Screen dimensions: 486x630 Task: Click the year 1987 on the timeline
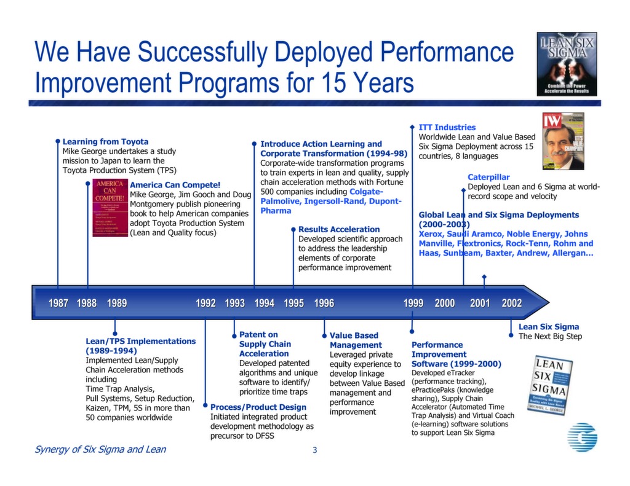point(58,303)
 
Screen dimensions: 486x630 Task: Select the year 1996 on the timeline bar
point(324,303)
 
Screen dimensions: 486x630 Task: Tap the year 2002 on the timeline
point(511,303)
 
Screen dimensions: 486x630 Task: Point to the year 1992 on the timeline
point(205,303)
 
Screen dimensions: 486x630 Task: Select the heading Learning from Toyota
point(105,142)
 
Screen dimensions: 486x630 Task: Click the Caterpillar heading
point(488,178)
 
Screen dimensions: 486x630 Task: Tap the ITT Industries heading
point(447,127)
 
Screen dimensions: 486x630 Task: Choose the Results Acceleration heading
point(339,229)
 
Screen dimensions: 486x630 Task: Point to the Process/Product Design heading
point(258,407)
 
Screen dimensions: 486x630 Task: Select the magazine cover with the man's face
point(562,141)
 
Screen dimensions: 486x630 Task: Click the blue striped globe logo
point(581,437)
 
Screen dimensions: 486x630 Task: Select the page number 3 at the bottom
point(314,450)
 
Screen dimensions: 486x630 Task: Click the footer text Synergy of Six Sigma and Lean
point(100,449)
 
